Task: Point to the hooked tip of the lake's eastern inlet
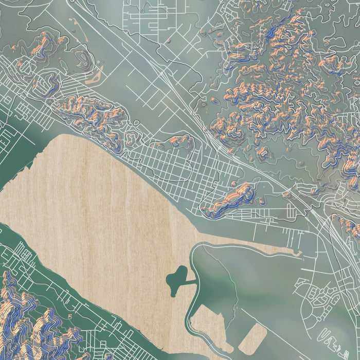point(297,253)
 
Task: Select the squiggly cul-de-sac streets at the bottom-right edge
point(337,337)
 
